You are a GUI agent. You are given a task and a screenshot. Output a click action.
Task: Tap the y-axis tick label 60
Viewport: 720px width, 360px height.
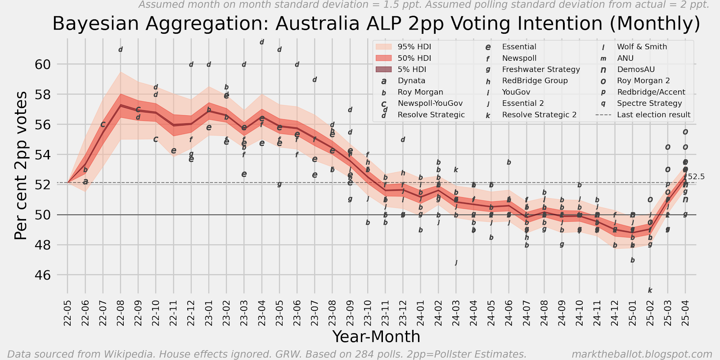click(42, 64)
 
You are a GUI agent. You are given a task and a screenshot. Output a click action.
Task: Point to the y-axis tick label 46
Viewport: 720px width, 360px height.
click(42, 275)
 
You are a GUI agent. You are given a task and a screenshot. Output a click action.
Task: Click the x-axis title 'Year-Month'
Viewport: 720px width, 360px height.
click(376, 337)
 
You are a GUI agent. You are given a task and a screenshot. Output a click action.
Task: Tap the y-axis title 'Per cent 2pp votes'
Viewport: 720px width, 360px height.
click(21, 166)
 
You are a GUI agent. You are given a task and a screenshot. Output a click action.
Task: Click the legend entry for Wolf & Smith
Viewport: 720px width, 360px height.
click(642, 47)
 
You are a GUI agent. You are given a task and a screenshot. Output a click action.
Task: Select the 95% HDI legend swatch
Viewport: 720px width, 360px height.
click(384, 47)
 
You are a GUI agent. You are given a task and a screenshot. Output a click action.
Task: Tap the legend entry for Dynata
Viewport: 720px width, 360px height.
click(411, 81)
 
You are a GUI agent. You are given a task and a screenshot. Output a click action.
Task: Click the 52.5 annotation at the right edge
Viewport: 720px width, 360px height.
click(696, 177)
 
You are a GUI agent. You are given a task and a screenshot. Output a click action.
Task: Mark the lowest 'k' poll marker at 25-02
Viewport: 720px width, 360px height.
click(650, 291)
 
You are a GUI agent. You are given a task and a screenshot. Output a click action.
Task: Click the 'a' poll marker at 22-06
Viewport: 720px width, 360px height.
click(85, 182)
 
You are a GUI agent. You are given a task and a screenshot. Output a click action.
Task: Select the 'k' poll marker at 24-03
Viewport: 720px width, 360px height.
click(456, 170)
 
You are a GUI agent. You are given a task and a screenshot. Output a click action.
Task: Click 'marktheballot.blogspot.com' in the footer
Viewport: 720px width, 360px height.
click(642, 354)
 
